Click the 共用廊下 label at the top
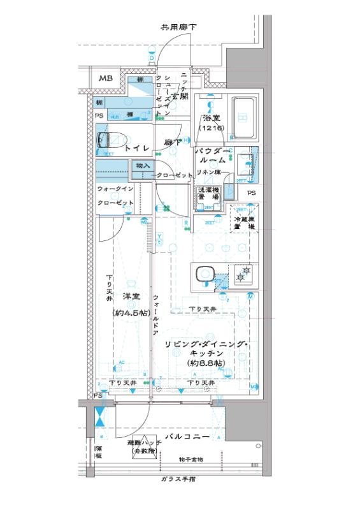178,27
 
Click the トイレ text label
137,148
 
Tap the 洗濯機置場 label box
207,194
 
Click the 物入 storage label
143,166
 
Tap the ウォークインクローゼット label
115,196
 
